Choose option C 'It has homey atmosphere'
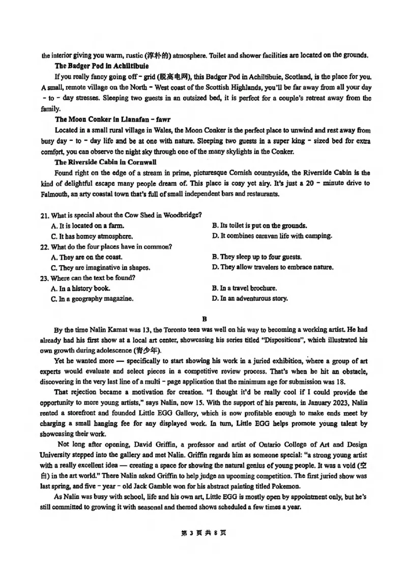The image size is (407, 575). (92, 236)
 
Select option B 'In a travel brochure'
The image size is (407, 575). (244, 288)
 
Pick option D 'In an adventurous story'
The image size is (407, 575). (250, 299)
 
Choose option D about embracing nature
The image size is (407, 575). (273, 267)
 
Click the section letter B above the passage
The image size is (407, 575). (204, 320)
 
